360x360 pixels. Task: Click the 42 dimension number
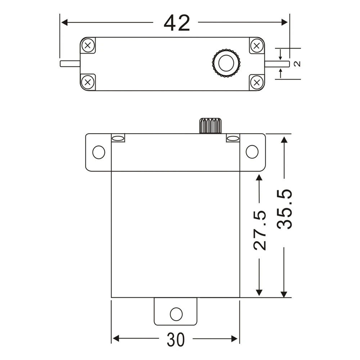pyautogui.click(x=177, y=23)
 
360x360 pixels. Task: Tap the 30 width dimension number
pyautogui.click(x=176, y=340)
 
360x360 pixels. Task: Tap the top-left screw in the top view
pyautogui.click(x=88, y=45)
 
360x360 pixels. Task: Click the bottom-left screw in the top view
pyautogui.click(x=87, y=82)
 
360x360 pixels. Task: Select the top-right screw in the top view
pyautogui.click(x=257, y=45)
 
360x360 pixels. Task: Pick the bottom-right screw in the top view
pyautogui.click(x=257, y=82)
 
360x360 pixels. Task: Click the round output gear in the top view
pyautogui.click(x=226, y=63)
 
